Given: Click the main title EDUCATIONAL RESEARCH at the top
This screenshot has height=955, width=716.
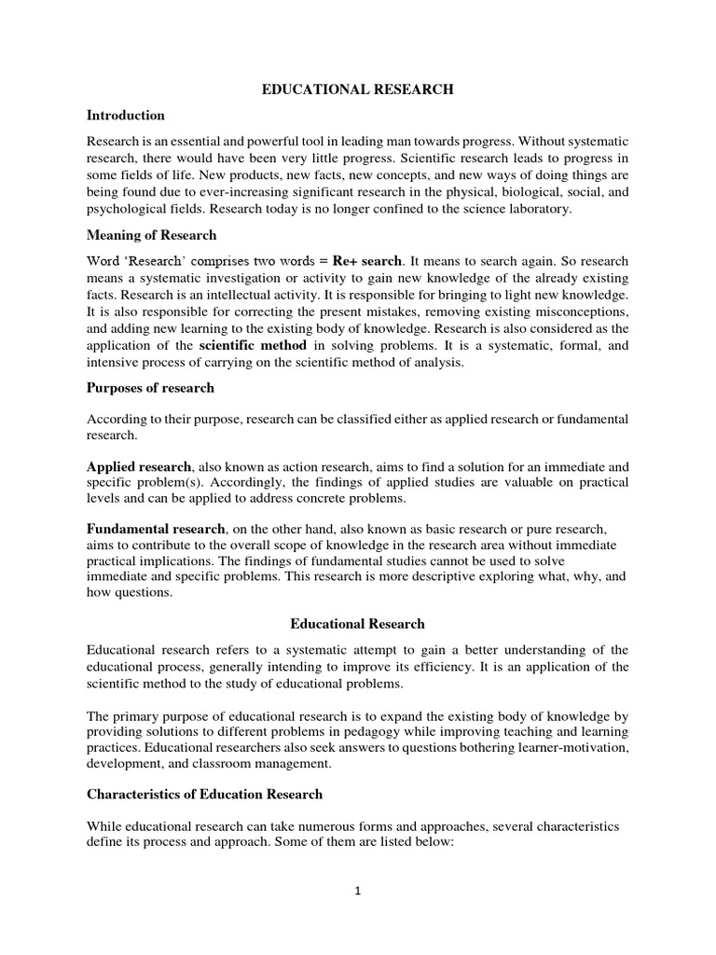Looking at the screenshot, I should [x=357, y=90].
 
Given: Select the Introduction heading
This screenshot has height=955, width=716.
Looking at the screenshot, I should [x=125, y=116].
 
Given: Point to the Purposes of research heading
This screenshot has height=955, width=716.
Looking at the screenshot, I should [x=150, y=387].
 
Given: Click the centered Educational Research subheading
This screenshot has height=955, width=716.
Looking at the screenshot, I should [x=357, y=624].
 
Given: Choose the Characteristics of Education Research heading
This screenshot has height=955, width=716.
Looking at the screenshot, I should [x=204, y=794].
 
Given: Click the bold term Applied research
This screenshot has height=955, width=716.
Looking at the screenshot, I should [x=139, y=464].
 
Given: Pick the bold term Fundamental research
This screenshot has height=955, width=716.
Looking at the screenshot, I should [x=156, y=529].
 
